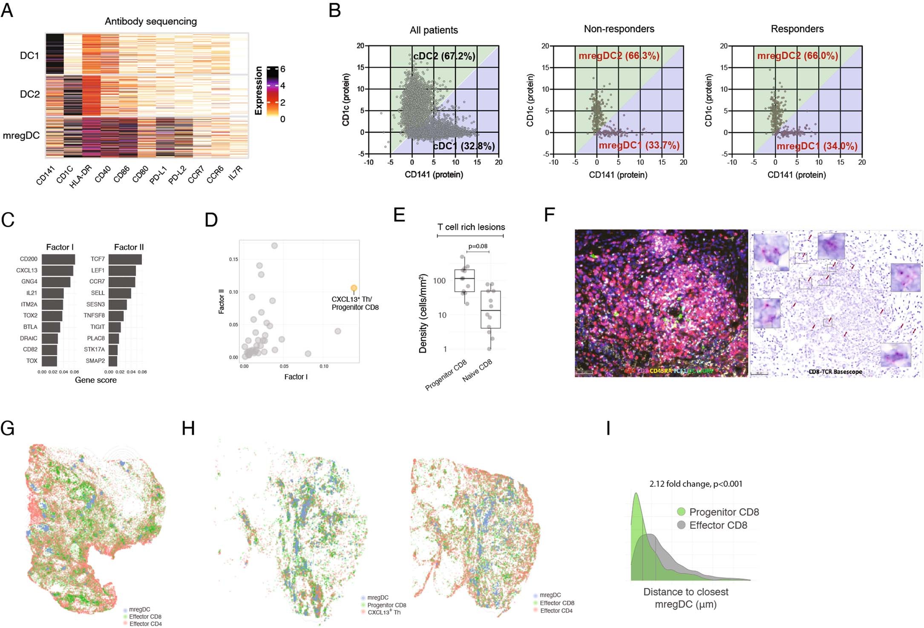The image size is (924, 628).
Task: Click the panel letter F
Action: (549, 215)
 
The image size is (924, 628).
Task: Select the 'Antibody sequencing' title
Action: (151, 21)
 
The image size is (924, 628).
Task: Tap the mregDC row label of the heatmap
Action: (21, 135)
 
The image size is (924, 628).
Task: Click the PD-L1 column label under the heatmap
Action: (158, 175)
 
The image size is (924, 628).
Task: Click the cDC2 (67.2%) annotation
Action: (444, 56)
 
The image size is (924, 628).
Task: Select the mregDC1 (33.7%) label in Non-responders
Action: (639, 145)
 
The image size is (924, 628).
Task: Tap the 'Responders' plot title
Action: (797, 29)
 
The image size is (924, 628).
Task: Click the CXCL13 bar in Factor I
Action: (58, 270)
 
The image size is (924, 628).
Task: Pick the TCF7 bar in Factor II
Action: (125, 259)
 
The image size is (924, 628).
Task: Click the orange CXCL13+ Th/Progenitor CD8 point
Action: (354, 288)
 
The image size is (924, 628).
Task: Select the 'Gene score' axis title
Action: (95, 380)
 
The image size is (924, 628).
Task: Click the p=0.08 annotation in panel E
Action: (478, 246)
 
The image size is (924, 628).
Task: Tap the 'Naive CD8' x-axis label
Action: (477, 370)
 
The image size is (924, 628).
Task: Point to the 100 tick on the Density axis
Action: (439, 281)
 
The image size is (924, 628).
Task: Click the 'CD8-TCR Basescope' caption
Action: (835, 372)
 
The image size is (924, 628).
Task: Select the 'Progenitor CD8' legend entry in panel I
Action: (724, 512)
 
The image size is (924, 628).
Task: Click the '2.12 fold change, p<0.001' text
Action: (696, 484)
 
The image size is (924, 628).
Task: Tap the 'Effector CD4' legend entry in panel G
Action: (145, 624)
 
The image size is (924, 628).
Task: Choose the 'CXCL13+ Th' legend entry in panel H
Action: (384, 612)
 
